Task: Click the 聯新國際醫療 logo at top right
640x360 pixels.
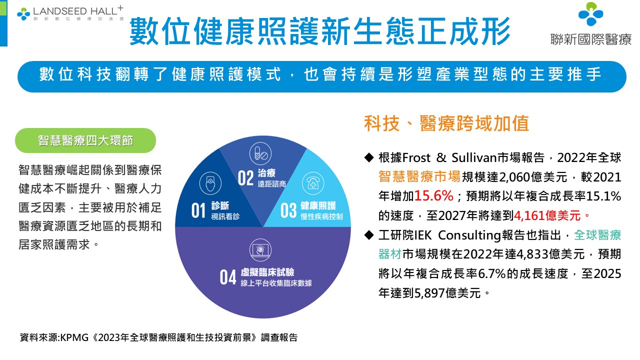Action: (x=591, y=24)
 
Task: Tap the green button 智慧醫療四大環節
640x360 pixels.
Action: (x=85, y=140)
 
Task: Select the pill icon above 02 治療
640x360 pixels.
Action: (x=260, y=153)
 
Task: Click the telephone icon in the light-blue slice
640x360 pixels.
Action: (x=313, y=183)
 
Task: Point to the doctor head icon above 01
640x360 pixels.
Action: (x=210, y=183)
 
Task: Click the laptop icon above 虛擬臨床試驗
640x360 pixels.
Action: (x=260, y=249)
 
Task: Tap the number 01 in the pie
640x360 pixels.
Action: (x=198, y=210)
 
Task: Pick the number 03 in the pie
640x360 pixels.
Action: (x=288, y=210)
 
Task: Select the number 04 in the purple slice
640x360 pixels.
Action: (x=228, y=277)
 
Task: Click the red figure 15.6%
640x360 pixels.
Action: (x=433, y=196)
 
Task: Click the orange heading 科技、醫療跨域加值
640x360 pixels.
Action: (x=446, y=123)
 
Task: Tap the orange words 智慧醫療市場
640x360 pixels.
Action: (x=419, y=176)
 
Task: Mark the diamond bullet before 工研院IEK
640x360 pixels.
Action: (x=369, y=235)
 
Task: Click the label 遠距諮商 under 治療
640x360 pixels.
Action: (x=271, y=183)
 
